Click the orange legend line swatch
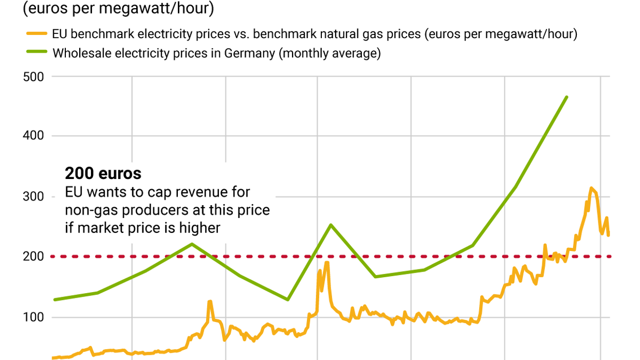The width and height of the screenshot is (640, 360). (36, 34)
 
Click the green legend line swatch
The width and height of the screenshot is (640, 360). (36, 53)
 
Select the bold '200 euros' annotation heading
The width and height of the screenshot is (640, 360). (103, 173)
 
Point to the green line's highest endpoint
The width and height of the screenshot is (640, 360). (566, 97)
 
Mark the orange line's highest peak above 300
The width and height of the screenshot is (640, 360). (591, 188)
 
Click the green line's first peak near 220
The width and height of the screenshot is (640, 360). (192, 244)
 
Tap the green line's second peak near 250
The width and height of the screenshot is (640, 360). (331, 225)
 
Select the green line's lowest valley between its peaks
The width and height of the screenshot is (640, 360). (288, 299)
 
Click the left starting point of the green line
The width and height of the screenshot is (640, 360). (54, 299)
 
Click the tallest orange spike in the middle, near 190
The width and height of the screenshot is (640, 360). (326, 263)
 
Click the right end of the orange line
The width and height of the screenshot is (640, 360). (609, 235)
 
